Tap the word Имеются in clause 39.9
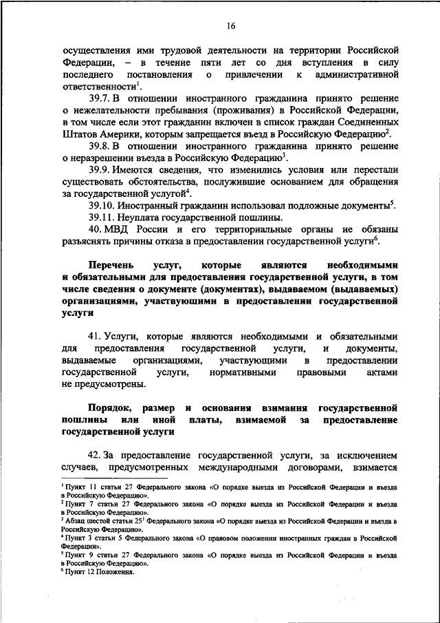[144, 169]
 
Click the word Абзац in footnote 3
[76, 522]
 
